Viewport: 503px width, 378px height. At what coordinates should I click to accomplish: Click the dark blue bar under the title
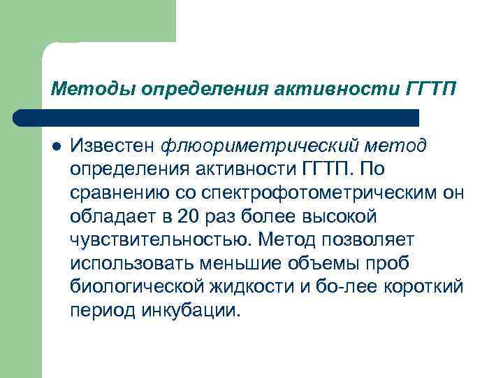coord(217,117)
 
